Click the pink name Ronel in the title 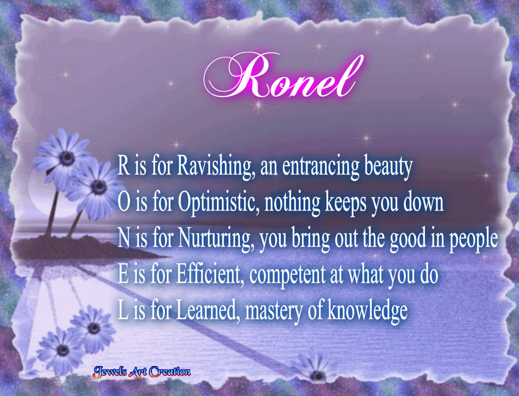[282, 78]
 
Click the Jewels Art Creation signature [142, 371]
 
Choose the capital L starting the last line [122, 310]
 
